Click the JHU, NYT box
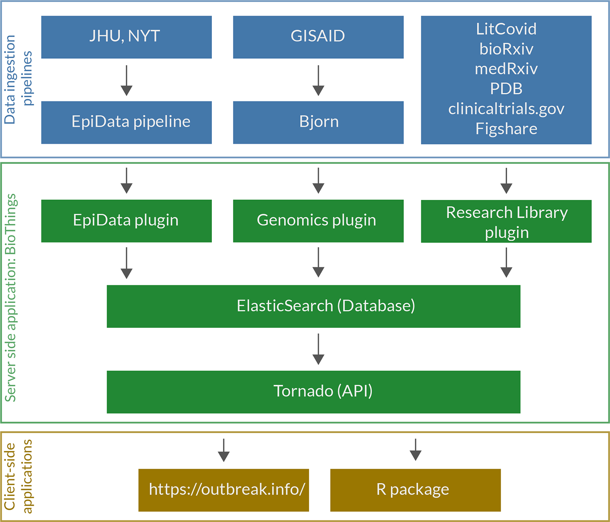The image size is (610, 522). pos(126,37)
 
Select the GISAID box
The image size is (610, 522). pos(318,37)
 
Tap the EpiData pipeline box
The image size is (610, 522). pos(126,123)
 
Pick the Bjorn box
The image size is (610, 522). pos(318,123)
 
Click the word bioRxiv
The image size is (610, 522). pos(506,49)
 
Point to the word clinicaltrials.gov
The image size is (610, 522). pos(506,109)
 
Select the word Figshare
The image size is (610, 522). pos(506,129)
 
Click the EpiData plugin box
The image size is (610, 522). pos(126,221)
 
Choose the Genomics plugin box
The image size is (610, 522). pos(318,221)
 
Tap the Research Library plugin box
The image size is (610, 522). pos(506,221)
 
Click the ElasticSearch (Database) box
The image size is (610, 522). pos(314,306)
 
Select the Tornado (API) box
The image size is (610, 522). pos(314,392)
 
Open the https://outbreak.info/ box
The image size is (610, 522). pos(224,490)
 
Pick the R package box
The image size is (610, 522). pos(416,490)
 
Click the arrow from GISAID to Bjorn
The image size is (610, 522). pos(318,80)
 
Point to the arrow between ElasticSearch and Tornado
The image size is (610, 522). pos(318,349)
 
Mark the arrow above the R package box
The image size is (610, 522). pos(416,450)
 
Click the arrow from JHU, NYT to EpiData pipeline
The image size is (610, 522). pos(126,80)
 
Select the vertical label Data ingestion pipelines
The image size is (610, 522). pos(18,79)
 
